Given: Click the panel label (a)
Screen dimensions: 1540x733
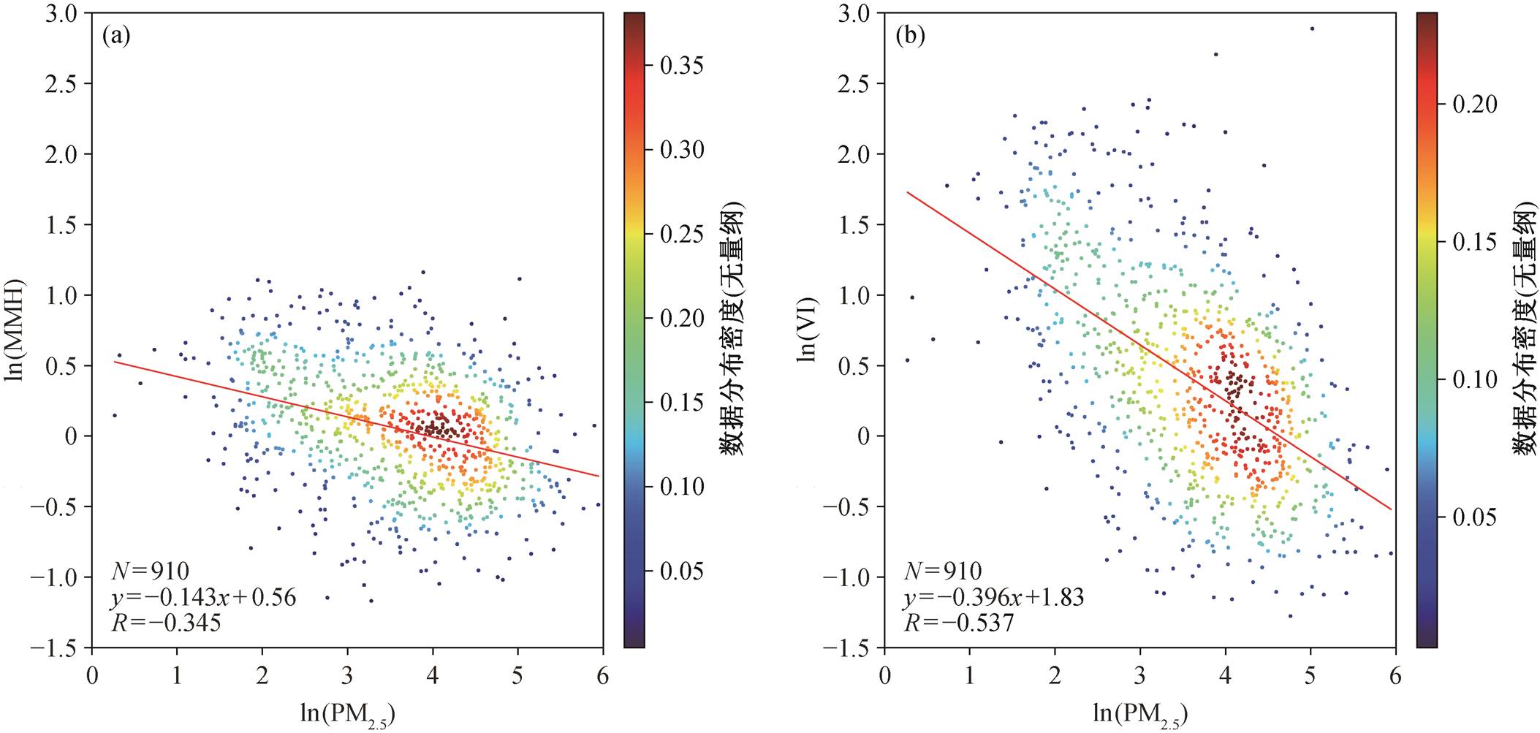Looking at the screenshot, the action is pos(116,36).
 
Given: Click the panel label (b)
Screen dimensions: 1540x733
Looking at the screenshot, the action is pos(909,36).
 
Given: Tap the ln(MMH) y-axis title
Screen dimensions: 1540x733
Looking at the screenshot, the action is pos(15,330).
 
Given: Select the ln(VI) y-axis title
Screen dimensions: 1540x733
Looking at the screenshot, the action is pos(809,330).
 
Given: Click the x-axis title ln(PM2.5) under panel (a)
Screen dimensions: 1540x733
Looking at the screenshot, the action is pos(348,713).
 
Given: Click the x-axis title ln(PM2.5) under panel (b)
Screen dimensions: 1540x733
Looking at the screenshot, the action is pos(1140,713).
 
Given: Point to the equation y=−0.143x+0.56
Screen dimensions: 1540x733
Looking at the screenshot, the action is pos(203,598).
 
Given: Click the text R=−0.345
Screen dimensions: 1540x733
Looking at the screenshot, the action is pos(166,623).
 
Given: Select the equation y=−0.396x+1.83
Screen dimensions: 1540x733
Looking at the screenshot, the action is pos(994,598).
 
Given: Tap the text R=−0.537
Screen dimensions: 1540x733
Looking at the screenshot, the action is pos(959,623).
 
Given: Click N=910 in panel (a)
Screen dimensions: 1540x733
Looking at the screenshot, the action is pos(150,571).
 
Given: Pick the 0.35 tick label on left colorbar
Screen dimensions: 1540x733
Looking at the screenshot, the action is pos(682,65).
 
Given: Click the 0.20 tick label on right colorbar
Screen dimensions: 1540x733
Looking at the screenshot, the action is pos(1475,105).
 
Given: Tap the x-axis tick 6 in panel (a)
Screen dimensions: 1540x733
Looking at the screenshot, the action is pos(603,675).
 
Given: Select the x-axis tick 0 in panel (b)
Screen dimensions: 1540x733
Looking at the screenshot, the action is pos(885,675).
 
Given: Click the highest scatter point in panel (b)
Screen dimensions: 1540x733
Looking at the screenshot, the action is pos(1312,29).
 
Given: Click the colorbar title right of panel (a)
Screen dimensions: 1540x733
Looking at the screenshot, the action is pos(732,330).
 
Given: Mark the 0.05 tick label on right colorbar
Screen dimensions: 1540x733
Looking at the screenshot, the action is pos(1475,517).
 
